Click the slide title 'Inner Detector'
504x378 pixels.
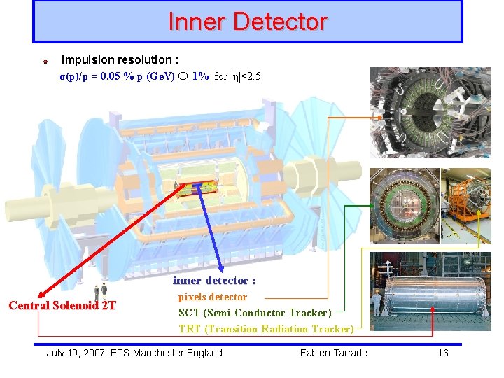[247, 22]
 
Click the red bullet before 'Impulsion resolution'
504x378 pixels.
[44, 62]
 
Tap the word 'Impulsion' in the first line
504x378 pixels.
[84, 60]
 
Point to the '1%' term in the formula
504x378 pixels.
[200, 76]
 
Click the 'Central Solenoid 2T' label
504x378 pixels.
[62, 305]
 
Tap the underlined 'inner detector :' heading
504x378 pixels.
[214, 281]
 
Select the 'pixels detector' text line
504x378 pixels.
[213, 297]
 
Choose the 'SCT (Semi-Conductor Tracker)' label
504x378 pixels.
[255, 313]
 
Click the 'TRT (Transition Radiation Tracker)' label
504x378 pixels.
[266, 329]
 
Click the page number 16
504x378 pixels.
[443, 353]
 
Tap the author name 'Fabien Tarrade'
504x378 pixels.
[333, 353]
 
